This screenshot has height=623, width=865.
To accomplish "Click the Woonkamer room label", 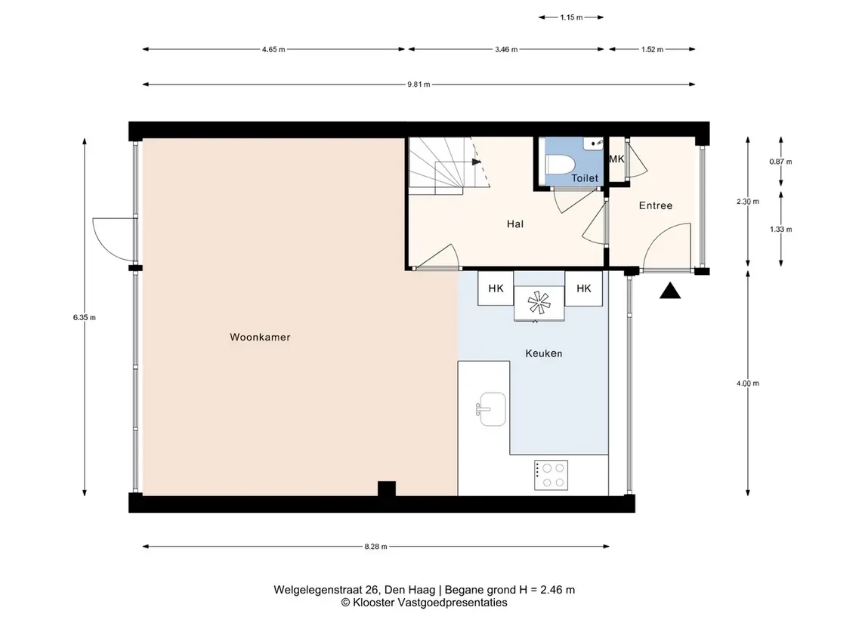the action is point(260,337).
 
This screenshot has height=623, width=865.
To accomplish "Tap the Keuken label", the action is point(543,353).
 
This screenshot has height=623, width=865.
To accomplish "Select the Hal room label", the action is point(514,224).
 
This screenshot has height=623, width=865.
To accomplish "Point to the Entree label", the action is point(656,205).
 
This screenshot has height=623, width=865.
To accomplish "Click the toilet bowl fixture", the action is point(560,165).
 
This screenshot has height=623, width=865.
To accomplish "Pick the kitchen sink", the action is point(491,409).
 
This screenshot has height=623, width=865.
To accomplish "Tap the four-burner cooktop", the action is point(551,475).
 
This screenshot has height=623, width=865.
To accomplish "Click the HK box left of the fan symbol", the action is point(496,288).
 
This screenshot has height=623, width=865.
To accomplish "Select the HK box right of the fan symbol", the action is point(584,288).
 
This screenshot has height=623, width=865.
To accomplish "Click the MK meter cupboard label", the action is point(616,159).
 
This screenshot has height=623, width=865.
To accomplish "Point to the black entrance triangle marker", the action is point(669,291).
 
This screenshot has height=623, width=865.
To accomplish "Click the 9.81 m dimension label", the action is point(419,85).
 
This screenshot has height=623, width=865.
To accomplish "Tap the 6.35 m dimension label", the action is point(85,318).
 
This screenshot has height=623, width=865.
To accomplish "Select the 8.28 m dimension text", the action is point(375,547).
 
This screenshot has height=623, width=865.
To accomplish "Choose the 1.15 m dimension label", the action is point(572,17).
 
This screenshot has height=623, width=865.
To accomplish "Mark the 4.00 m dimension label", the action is point(747,384).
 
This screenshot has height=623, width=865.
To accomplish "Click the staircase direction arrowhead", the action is point(477,162).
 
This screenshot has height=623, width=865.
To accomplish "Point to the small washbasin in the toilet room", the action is point(594,143).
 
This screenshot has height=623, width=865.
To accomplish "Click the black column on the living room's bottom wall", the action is point(387,489).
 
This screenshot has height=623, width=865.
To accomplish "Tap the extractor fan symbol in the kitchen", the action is point(539,303).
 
